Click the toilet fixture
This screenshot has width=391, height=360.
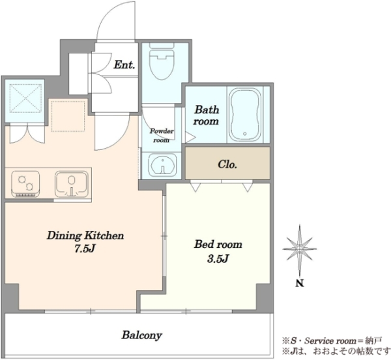pyautogui.click(x=162, y=62)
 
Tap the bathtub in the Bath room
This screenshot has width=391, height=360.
pyautogui.click(x=245, y=115)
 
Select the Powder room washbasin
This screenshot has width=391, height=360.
pyautogui.click(x=162, y=165)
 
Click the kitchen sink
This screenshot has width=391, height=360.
pyautogui.click(x=72, y=184)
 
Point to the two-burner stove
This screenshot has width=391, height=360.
pyautogui.click(x=25, y=184)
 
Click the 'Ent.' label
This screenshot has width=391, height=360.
pyautogui.click(x=124, y=65)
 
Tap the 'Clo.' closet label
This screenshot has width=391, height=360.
pyautogui.click(x=227, y=164)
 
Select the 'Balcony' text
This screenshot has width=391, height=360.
pyautogui.click(x=142, y=335)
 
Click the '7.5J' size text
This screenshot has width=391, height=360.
pyautogui.click(x=85, y=248)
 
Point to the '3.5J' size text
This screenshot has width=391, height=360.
pyautogui.click(x=218, y=259)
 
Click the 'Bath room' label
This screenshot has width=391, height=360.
pyautogui.click(x=207, y=115)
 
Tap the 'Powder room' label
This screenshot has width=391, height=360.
pyautogui.click(x=162, y=136)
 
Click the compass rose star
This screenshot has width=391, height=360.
pyautogui.click(x=300, y=248)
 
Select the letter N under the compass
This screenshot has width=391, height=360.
pyautogui.click(x=300, y=284)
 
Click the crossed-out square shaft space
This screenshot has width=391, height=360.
pyautogui.click(x=25, y=98)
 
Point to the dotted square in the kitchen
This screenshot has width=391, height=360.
pyautogui.click(x=68, y=116)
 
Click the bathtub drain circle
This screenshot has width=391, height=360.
pyautogui.click(x=245, y=134)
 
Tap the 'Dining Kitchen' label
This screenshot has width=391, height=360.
pyautogui.click(x=85, y=235)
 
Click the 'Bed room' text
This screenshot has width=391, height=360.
pyautogui.click(x=218, y=245)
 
